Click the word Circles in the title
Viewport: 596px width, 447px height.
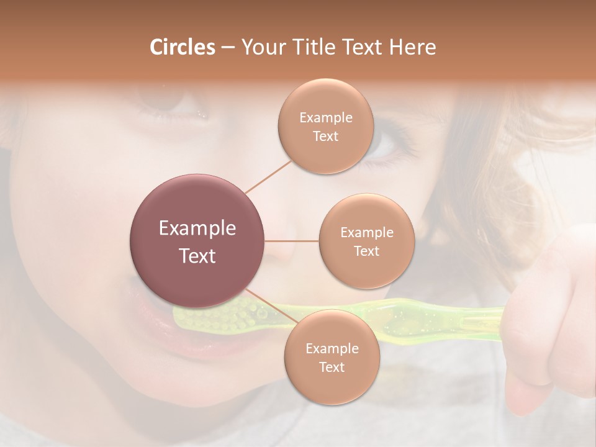pyautogui.click(x=182, y=47)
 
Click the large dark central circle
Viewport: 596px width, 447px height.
pyautogui.click(x=197, y=241)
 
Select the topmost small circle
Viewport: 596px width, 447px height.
pyautogui.click(x=325, y=127)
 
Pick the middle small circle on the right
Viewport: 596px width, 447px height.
pyautogui.click(x=366, y=241)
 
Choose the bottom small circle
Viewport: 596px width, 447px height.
pyautogui.click(x=332, y=358)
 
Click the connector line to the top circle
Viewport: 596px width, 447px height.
pyautogui.click(x=268, y=176)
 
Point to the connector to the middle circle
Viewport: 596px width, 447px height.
pyautogui.click(x=292, y=241)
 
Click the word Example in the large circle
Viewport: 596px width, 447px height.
pyautogui.click(x=197, y=228)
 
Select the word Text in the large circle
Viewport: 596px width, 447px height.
pyautogui.click(x=197, y=256)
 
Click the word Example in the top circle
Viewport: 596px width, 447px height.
pyautogui.click(x=325, y=118)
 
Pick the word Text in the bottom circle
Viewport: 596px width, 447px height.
pyautogui.click(x=332, y=368)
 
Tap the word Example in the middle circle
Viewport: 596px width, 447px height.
pyautogui.click(x=366, y=233)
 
